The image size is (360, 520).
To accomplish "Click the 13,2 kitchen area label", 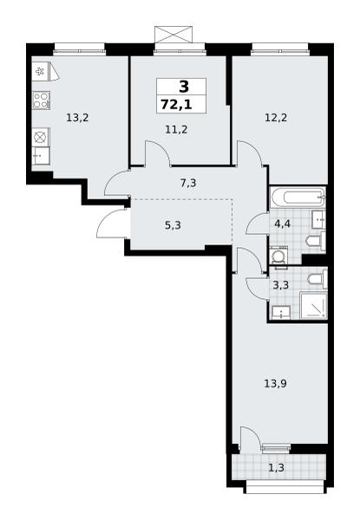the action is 77,117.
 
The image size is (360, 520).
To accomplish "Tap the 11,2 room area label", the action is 176,129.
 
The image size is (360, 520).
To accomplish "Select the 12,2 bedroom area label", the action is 276,117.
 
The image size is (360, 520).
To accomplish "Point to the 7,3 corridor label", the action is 188,183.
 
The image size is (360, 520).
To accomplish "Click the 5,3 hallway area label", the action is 173,225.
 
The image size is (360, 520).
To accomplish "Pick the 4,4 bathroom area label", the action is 282,224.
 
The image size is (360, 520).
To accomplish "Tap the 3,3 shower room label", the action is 280,285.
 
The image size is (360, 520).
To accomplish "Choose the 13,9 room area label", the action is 275,384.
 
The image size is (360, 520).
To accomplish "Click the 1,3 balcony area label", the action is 276,468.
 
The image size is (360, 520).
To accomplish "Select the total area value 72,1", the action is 176,105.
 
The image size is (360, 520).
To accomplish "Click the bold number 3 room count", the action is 184,87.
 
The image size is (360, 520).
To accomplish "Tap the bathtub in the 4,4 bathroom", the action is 298,198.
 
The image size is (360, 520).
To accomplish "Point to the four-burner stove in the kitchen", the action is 41,101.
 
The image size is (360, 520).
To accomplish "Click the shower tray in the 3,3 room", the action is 313,305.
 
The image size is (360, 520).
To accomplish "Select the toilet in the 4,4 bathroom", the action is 316,240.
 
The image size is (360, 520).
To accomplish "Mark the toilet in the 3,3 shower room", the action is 317,277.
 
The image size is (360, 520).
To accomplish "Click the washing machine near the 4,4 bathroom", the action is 278,256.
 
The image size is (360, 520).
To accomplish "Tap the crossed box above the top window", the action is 173,35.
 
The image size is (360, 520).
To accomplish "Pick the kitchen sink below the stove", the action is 41,155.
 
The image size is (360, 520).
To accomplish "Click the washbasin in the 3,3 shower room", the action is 281,313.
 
